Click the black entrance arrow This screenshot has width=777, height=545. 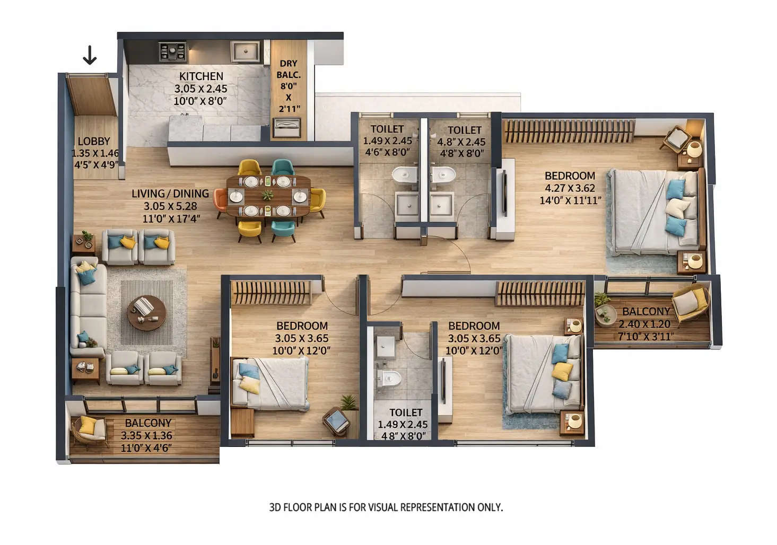[90, 55]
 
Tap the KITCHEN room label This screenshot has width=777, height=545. [201, 76]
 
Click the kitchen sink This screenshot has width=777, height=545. [245, 51]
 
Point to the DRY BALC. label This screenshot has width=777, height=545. [289, 69]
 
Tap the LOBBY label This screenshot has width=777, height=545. [94, 141]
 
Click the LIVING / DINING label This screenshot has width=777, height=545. [170, 194]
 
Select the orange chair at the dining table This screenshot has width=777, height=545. [220, 200]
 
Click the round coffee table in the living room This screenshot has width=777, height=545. [146, 312]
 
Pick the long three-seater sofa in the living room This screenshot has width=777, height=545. [88, 307]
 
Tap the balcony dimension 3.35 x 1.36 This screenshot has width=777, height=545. [146, 435]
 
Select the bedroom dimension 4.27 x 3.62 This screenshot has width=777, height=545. [570, 188]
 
